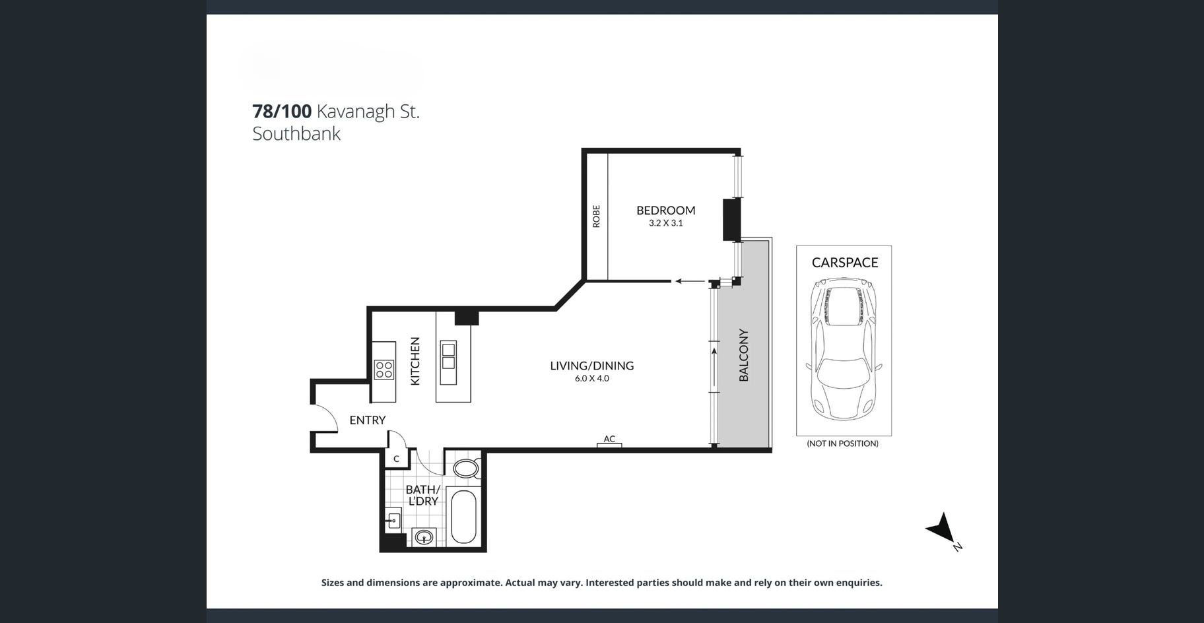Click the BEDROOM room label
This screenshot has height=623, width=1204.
click(665, 211)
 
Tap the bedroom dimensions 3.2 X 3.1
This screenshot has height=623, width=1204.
click(665, 223)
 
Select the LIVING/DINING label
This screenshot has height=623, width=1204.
click(591, 366)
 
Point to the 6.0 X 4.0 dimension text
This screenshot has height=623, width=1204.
click(591, 379)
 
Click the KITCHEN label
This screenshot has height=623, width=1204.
click(415, 361)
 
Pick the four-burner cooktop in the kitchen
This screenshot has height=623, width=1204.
click(384, 370)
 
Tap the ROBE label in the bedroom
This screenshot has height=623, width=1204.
click(596, 216)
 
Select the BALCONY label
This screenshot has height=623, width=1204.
click(743, 355)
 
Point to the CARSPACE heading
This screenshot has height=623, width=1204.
click(844, 263)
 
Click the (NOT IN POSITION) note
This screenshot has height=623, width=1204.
click(842, 443)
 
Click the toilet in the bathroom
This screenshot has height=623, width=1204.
click(466, 469)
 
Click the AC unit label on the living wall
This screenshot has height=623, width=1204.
click(609, 439)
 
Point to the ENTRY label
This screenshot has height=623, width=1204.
click(367, 420)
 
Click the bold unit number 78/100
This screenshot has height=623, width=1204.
click(282, 111)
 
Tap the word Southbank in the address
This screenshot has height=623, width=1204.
click(296, 133)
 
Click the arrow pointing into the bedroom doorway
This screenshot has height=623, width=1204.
click(690, 281)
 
